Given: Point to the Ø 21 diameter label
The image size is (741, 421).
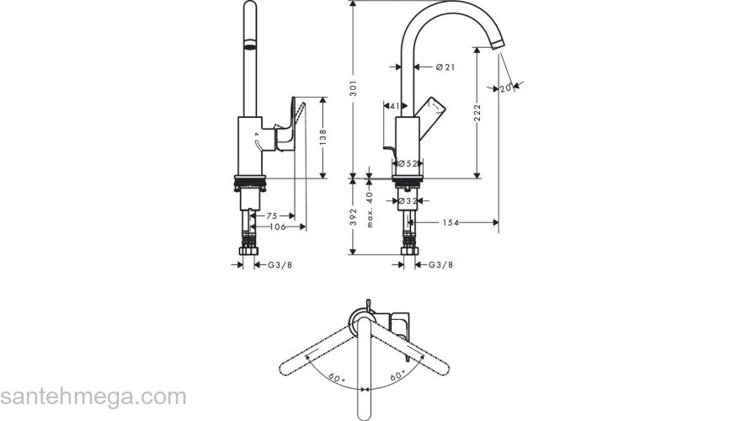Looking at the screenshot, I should (x=446, y=67).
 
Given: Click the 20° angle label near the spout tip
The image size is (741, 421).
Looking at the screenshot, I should (x=506, y=88).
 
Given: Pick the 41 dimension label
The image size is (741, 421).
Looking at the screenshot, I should (x=392, y=106).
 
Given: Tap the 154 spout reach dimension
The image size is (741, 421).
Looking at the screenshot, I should (x=452, y=222).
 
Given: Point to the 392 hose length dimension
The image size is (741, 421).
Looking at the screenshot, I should (x=355, y=217).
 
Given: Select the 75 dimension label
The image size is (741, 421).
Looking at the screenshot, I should (x=272, y=216).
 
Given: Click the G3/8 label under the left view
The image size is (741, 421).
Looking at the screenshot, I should (x=280, y=265).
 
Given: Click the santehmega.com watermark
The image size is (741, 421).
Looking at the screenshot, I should (x=93, y=396).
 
